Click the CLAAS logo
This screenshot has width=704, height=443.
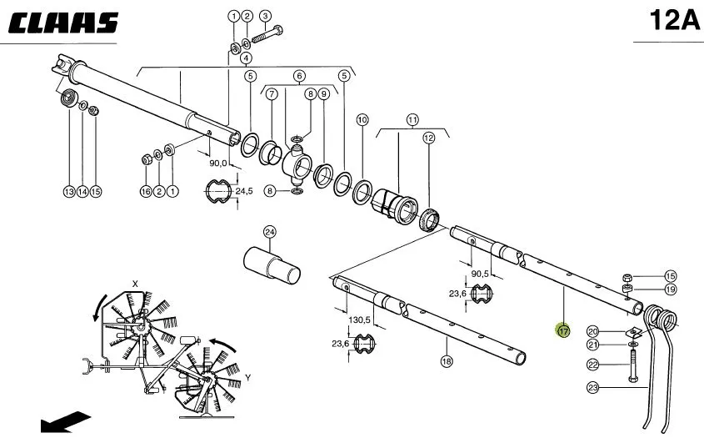pyautogui.click(x=63, y=23)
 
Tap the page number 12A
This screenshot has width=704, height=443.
pyautogui.click(x=675, y=20)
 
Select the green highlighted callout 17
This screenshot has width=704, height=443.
pyautogui.click(x=563, y=331)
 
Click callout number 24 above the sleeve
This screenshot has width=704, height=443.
pyautogui.click(x=269, y=232)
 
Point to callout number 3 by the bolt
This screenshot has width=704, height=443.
pyautogui.click(x=265, y=16)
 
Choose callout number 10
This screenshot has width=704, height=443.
pyautogui.click(x=362, y=119)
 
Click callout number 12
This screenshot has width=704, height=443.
pyautogui.click(x=429, y=138)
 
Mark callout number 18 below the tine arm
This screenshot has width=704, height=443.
pyautogui.click(x=447, y=361)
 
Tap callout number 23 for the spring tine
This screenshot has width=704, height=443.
pyautogui.click(x=593, y=387)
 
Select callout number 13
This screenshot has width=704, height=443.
pyautogui.click(x=69, y=192)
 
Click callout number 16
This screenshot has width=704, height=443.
pyautogui.click(x=146, y=192)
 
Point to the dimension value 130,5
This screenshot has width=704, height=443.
pyautogui.click(x=359, y=320)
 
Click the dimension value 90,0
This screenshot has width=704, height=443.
pyautogui.click(x=218, y=163)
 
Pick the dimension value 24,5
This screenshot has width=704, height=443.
pyautogui.click(x=244, y=191)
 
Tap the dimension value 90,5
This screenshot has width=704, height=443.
pyautogui.click(x=480, y=274)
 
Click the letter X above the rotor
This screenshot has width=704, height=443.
pyautogui.click(x=135, y=284)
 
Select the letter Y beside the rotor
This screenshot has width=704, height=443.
pyautogui.click(x=247, y=378)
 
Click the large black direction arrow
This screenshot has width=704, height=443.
pyautogui.click(x=66, y=422)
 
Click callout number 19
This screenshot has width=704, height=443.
pyautogui.click(x=671, y=289)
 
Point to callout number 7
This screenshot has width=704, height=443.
pyautogui.click(x=272, y=94)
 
